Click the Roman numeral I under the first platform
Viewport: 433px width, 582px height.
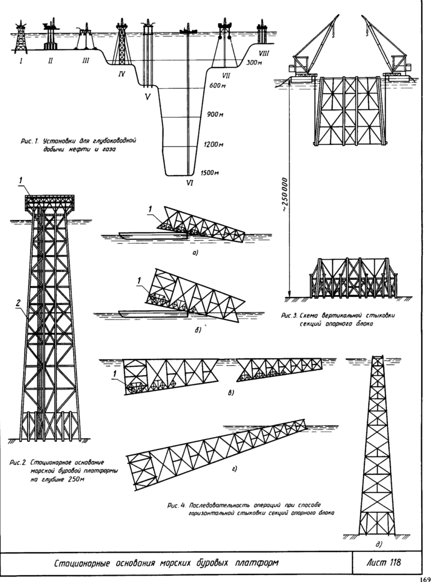[x=21, y=61]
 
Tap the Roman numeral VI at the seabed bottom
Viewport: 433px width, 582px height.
[x=189, y=184]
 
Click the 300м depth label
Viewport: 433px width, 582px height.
[x=253, y=63]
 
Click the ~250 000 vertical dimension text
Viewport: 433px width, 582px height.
[x=285, y=194]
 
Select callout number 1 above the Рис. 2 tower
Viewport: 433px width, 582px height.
[x=21, y=181]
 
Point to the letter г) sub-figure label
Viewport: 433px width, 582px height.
[x=234, y=466]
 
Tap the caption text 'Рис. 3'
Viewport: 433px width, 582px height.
[x=291, y=316]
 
